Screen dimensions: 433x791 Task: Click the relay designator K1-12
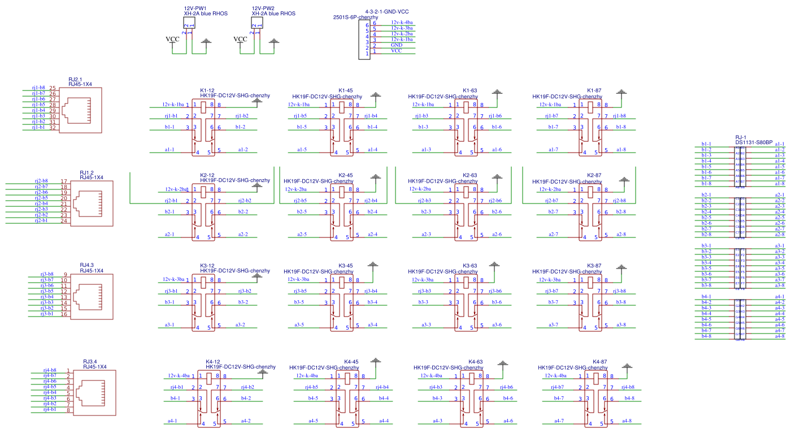207,90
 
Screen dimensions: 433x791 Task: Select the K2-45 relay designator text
345,176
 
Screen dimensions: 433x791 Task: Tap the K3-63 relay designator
470,266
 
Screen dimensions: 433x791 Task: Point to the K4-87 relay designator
599,362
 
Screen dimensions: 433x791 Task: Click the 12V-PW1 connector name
195,8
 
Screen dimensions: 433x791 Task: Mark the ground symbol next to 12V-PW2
274,41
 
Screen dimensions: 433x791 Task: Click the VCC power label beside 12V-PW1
172,39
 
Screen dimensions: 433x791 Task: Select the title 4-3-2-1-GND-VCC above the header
387,12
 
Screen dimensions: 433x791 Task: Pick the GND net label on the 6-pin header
396,45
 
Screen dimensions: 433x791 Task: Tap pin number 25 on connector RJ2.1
53,88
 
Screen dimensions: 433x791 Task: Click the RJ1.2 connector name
86,172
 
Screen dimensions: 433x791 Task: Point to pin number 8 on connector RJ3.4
68,410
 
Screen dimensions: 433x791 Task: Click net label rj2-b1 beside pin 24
41,220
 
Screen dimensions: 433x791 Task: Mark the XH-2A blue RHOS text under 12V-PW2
273,14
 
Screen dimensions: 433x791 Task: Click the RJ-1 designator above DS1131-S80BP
741,137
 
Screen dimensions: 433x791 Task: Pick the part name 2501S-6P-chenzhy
355,18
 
